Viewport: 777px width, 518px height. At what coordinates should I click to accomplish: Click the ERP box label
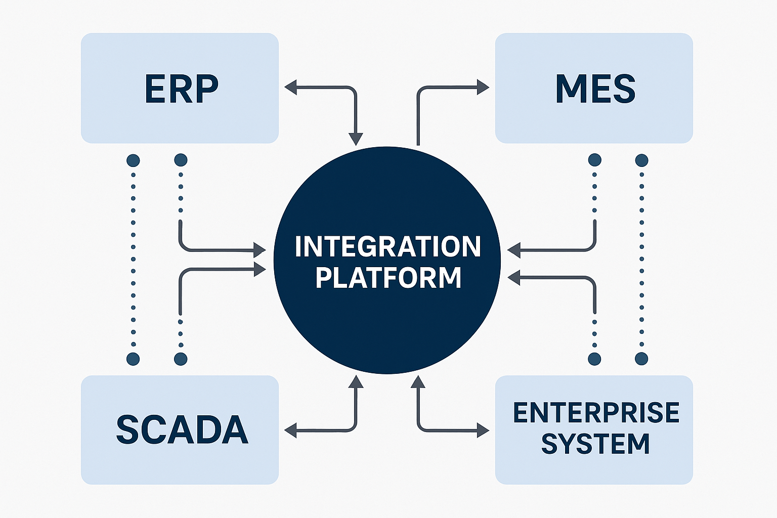click(x=181, y=89)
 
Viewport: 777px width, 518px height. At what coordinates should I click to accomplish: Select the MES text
click(x=595, y=89)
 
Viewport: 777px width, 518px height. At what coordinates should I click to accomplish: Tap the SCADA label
click(x=182, y=429)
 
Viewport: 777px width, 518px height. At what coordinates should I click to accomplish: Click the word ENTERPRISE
click(x=596, y=413)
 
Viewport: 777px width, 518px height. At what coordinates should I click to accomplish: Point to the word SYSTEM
click(x=595, y=444)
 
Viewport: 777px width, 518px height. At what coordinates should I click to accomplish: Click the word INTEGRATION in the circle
click(x=387, y=247)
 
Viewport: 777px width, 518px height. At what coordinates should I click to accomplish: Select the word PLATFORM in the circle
click(x=388, y=278)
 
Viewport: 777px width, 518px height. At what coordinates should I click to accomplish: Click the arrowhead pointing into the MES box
click(x=483, y=88)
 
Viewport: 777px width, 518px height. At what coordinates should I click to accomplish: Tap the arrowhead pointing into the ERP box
click(x=290, y=88)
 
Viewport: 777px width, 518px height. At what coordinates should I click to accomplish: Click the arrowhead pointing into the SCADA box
click(x=290, y=430)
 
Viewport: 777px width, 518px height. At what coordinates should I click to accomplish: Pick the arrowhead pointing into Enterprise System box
click(x=483, y=430)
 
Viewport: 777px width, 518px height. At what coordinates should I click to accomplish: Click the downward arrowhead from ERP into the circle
click(x=356, y=139)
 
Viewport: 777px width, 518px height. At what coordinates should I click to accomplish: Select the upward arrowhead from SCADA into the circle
click(x=356, y=381)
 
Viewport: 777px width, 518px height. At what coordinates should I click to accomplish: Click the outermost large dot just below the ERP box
click(x=133, y=161)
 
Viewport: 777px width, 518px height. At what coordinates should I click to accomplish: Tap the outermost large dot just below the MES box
click(x=641, y=161)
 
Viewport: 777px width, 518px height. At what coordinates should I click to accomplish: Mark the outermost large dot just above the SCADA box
click(x=133, y=359)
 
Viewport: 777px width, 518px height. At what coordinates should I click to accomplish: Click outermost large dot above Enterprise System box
click(x=641, y=359)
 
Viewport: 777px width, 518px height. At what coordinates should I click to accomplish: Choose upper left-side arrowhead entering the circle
click(x=260, y=249)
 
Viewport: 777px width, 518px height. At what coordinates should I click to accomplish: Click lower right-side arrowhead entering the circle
click(x=513, y=277)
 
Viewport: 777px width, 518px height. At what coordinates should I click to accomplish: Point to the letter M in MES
click(x=568, y=89)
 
